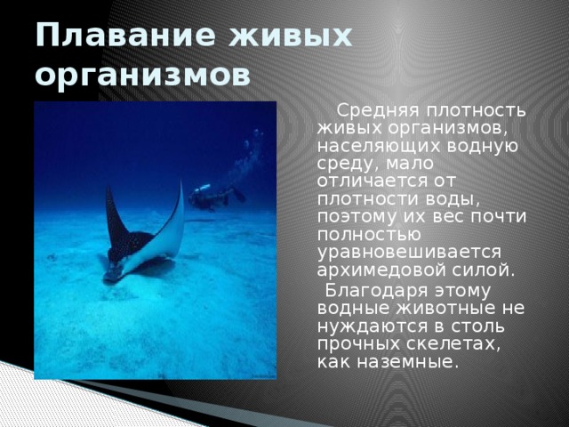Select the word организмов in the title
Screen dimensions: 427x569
click(141, 77)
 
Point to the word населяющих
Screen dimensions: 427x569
click(370, 147)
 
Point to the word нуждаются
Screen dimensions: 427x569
click(365, 326)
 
